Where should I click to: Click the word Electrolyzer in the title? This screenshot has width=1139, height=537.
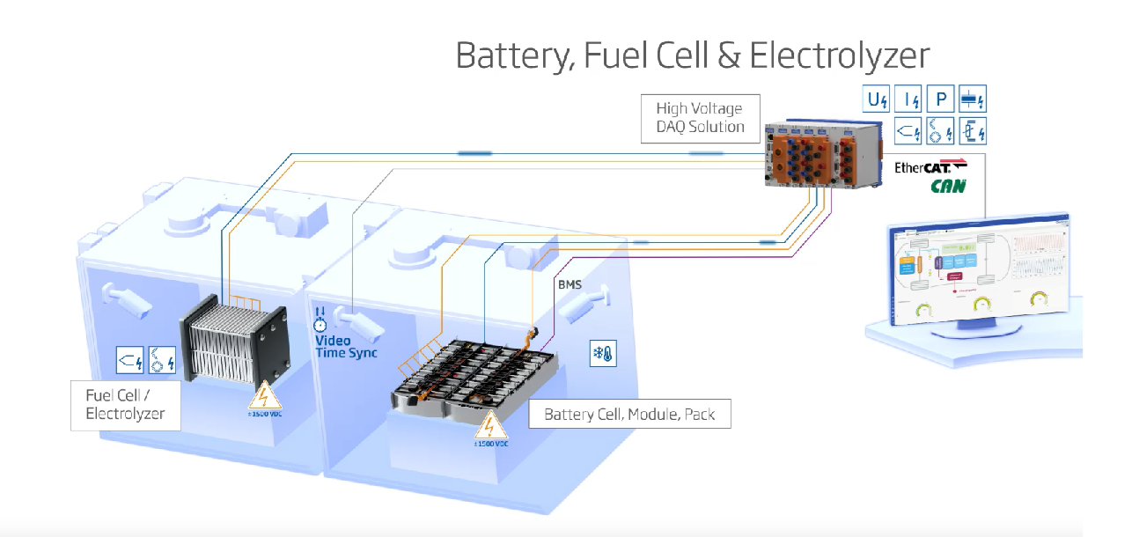pyautogui.click(x=839, y=55)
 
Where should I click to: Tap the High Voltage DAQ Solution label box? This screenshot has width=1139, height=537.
pyautogui.click(x=699, y=118)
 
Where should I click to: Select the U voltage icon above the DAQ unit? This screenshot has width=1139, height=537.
pyautogui.click(x=877, y=100)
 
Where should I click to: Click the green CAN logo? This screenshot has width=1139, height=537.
pyautogui.click(x=948, y=186)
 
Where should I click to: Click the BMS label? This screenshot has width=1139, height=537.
pyautogui.click(x=569, y=285)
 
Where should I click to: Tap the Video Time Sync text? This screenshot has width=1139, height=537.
pyautogui.click(x=345, y=346)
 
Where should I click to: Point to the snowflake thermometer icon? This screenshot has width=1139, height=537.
pyautogui.click(x=602, y=354)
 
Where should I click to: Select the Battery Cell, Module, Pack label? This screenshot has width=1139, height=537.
pyautogui.click(x=629, y=414)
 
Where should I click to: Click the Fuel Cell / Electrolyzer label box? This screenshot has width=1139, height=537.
pyautogui.click(x=126, y=405)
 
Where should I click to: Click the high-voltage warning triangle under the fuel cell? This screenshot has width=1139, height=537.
pyautogui.click(x=266, y=395)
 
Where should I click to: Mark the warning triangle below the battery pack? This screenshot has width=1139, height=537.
pyautogui.click(x=490, y=426)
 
